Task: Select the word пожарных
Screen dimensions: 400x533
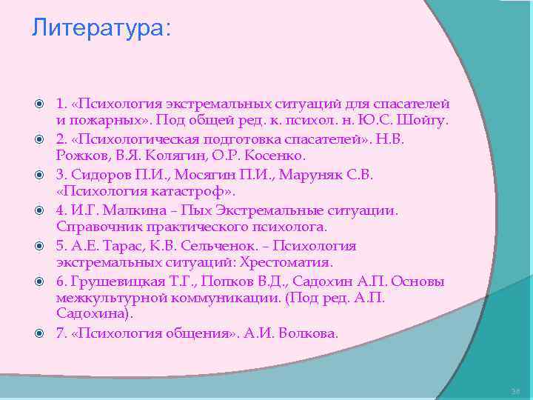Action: point(99,121)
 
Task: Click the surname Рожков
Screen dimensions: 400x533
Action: point(81,156)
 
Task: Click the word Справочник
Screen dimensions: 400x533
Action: point(95,227)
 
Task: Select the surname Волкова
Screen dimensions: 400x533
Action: point(306,334)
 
